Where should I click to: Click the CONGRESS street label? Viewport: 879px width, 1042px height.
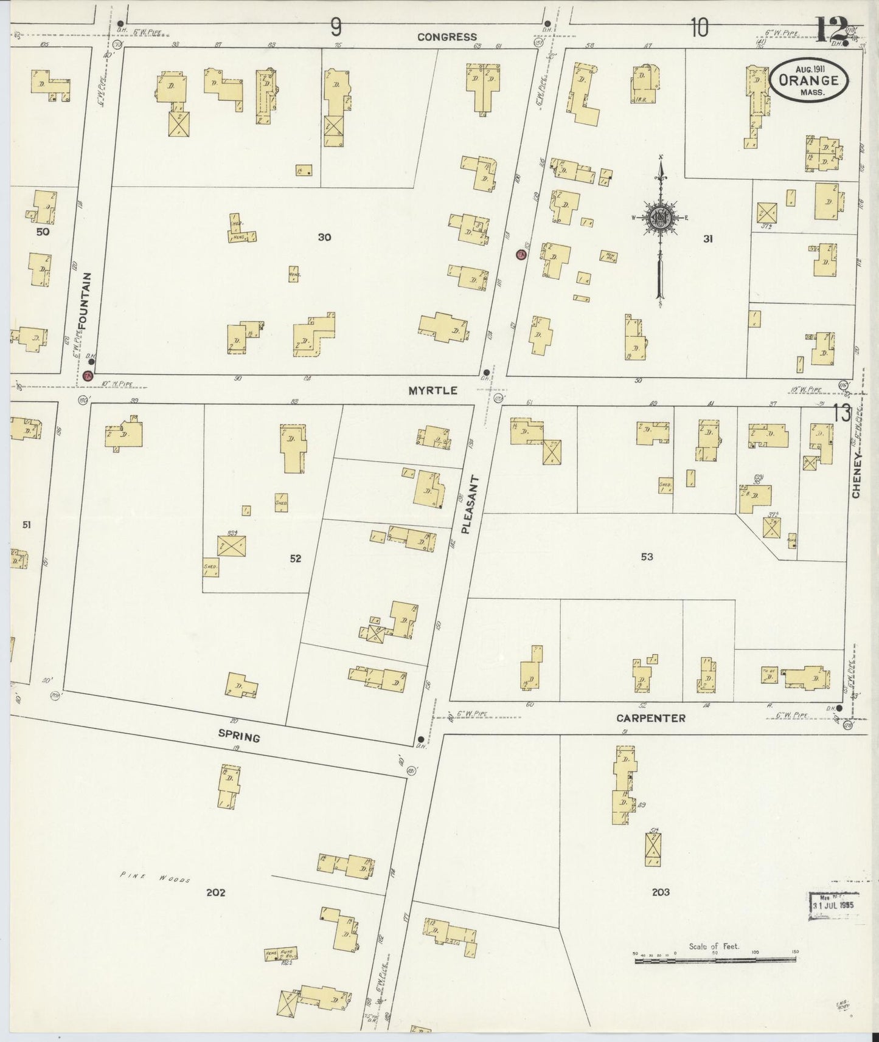(x=447, y=37)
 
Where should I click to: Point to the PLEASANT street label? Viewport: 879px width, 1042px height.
(x=467, y=505)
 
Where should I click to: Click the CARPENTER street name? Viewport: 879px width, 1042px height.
(x=651, y=718)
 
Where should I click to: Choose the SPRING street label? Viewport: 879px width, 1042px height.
(x=239, y=736)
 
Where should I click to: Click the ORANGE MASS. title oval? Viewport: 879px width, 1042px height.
(x=808, y=80)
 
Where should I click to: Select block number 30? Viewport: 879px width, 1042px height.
(x=324, y=237)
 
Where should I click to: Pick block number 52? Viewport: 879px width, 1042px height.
(x=296, y=558)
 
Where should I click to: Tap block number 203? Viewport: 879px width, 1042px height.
(x=661, y=892)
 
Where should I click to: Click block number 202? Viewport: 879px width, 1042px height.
(x=215, y=892)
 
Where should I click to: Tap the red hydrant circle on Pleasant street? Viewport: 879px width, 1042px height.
(x=521, y=255)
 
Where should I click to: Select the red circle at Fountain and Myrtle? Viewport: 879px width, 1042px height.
(x=88, y=376)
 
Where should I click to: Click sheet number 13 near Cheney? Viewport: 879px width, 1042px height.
(x=842, y=414)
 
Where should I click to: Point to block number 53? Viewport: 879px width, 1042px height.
(x=647, y=556)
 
